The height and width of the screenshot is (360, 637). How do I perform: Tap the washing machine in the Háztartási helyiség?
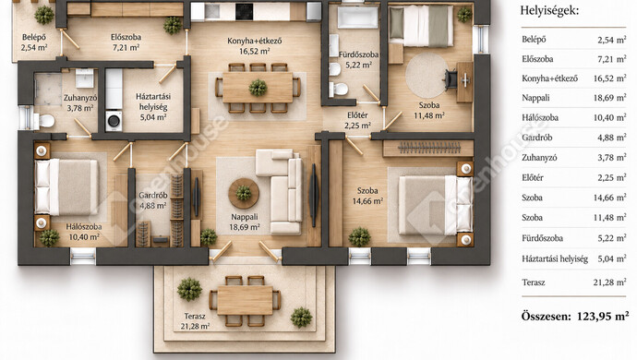click(x=114, y=121)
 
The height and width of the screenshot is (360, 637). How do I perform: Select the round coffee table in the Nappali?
click(x=244, y=194)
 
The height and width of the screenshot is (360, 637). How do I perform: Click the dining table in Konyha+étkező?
click(x=258, y=88)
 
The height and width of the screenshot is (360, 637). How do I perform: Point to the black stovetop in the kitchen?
click(x=244, y=12)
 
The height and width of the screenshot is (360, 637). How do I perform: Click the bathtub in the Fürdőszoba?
click(x=357, y=17)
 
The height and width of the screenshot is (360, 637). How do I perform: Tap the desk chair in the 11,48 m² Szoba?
click(x=451, y=79)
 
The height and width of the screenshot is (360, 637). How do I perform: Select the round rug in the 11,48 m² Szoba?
click(x=427, y=76)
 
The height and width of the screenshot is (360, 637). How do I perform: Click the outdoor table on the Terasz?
click(x=245, y=300)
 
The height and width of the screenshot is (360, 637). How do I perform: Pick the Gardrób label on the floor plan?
click(x=152, y=196)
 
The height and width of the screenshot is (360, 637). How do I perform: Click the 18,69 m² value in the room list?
click(x=609, y=98)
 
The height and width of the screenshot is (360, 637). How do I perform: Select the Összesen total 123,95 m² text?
click(x=575, y=316)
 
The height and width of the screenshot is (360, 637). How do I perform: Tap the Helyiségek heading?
click(x=549, y=10)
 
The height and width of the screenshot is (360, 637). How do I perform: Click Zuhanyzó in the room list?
click(x=539, y=158)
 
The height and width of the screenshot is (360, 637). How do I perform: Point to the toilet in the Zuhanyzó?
click(x=44, y=121)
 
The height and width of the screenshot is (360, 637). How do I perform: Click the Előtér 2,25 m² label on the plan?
click(x=357, y=120)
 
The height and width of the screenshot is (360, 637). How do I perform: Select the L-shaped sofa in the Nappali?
click(x=281, y=191)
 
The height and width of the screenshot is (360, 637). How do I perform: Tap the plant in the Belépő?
click(x=44, y=15)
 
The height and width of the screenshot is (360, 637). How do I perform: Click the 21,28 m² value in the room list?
click(x=609, y=282)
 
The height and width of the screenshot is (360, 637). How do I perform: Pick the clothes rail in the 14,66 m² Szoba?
click(x=428, y=148)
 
